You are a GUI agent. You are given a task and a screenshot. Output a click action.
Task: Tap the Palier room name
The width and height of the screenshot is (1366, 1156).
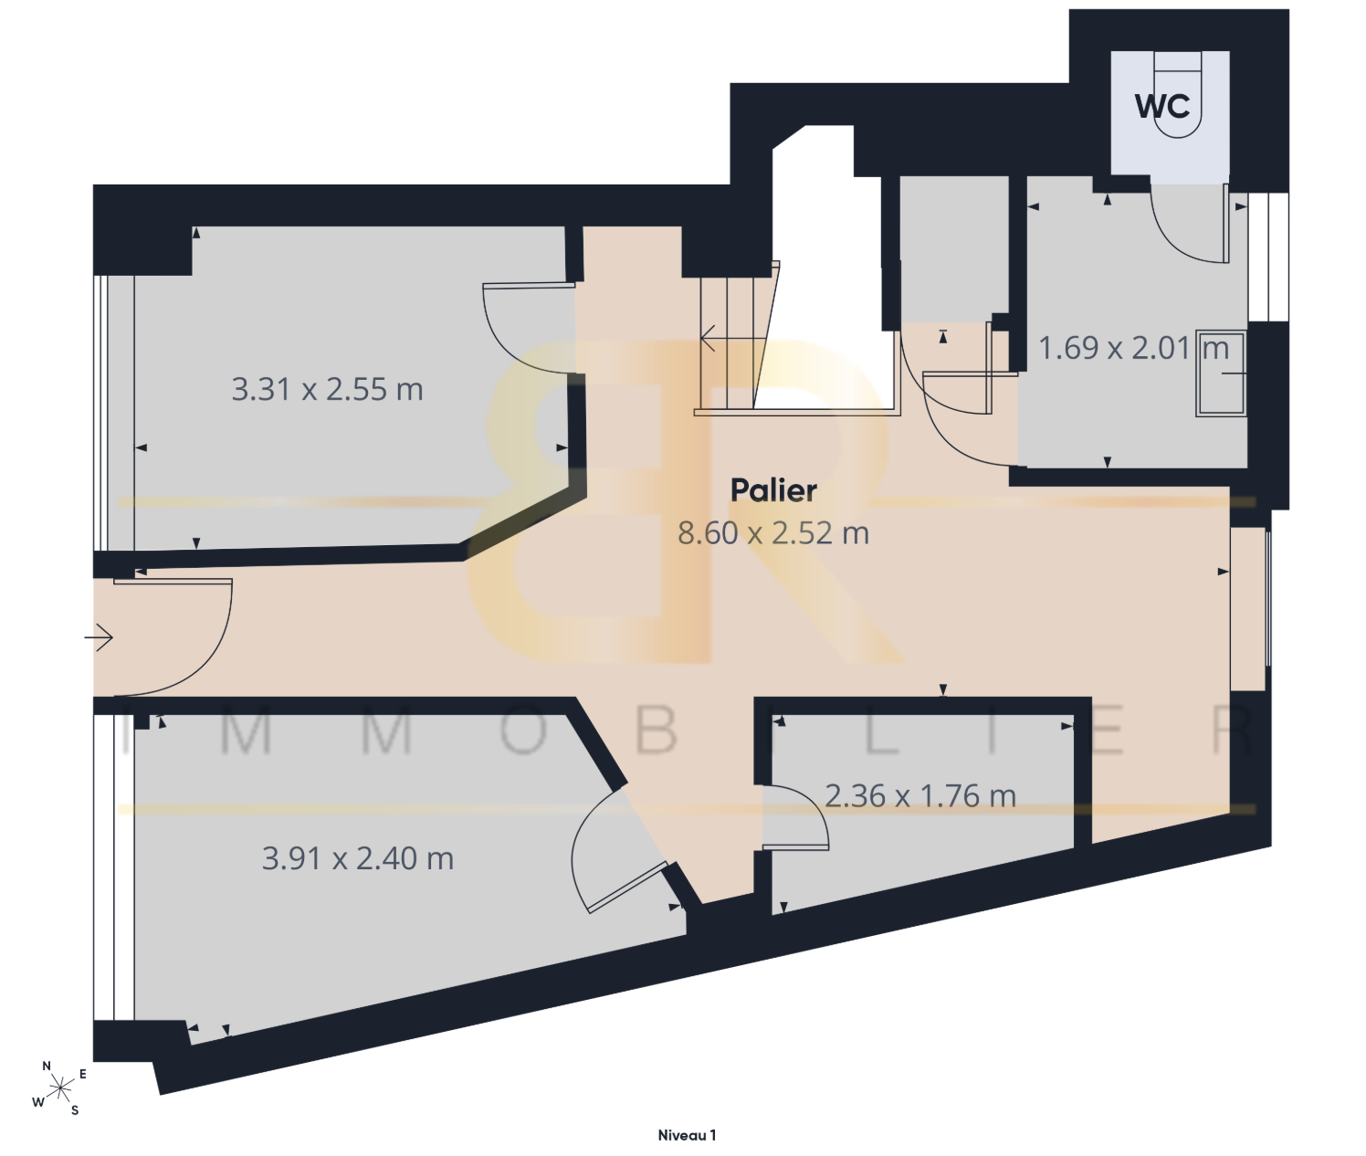click(x=773, y=490)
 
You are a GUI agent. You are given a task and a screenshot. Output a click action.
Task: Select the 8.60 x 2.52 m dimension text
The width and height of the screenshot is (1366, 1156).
click(x=773, y=532)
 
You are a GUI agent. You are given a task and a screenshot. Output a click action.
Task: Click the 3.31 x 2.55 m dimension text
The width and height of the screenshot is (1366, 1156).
click(x=327, y=389)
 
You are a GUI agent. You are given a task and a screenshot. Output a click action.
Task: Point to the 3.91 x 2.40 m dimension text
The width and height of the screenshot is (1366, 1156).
click(x=358, y=858)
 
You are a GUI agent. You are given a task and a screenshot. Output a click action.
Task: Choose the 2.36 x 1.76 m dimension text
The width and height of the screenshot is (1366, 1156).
click(x=919, y=796)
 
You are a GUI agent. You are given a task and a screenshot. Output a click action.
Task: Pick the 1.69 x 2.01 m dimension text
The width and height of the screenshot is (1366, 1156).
click(x=1134, y=348)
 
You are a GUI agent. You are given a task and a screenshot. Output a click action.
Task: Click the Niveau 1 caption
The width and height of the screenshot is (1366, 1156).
click(x=687, y=1135)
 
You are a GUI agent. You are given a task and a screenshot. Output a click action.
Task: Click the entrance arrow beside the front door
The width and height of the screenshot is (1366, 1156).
click(x=100, y=638)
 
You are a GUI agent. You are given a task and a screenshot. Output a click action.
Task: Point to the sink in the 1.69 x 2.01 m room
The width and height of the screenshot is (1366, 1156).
click(x=1221, y=373)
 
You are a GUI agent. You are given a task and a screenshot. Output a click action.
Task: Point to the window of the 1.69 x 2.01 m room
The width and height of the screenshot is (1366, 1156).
click(x=1268, y=257)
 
